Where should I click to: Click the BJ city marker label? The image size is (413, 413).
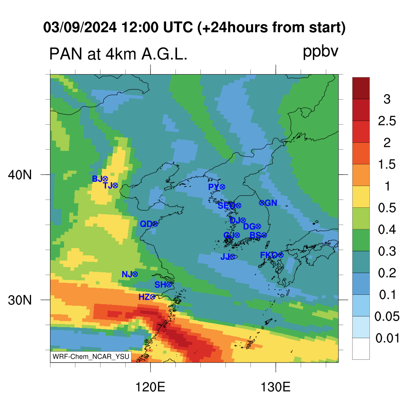100,179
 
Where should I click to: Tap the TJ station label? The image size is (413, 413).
111,186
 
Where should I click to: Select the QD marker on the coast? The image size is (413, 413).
149,224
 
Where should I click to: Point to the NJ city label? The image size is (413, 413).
129,274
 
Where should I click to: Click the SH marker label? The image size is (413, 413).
163,284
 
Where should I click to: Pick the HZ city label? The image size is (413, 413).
147,297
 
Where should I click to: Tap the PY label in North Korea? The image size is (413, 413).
217,187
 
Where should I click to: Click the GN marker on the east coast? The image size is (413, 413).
268,203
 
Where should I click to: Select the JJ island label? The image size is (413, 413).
227,257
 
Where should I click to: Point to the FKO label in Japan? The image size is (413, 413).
271,255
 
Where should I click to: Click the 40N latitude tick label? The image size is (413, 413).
20,175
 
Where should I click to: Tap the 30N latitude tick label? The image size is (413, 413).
20,300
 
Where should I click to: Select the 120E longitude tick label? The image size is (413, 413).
150,388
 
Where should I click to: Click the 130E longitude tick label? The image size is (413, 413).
275,388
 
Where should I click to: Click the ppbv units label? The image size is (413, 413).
320,52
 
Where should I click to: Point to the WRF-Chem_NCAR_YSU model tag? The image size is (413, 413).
91,357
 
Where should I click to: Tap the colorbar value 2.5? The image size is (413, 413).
387,121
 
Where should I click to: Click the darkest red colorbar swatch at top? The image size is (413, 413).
361,88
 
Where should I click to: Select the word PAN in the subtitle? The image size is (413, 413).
66,54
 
